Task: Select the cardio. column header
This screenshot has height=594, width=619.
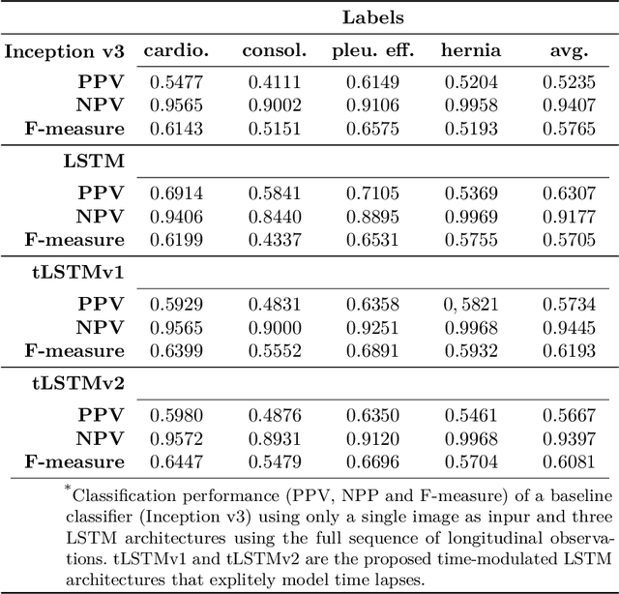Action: (x=175, y=50)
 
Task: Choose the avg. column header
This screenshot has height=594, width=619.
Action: (x=570, y=51)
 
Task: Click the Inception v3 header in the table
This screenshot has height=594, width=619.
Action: (x=65, y=50)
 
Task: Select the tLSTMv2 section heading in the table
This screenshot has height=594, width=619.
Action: (x=84, y=384)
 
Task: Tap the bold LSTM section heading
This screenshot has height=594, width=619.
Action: (x=100, y=162)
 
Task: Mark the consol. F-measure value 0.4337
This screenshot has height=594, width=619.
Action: (x=274, y=239)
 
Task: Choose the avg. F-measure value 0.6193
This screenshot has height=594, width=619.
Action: (x=570, y=350)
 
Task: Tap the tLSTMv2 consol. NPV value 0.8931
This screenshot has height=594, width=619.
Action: (x=274, y=439)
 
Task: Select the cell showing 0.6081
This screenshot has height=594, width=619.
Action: (x=570, y=461)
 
